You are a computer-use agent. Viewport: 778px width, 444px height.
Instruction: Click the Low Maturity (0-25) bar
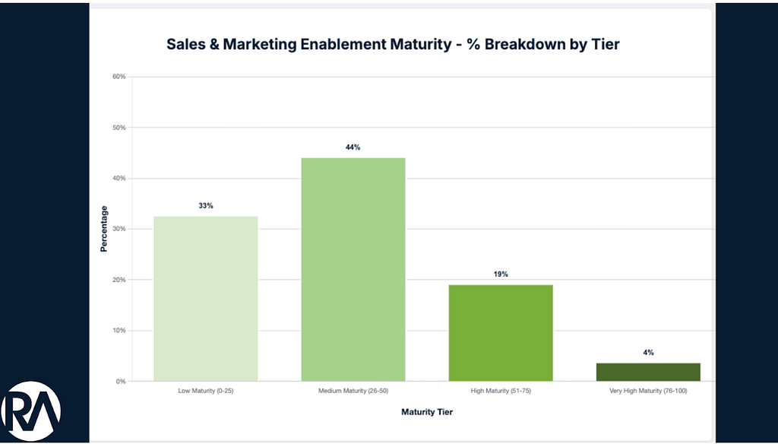(x=205, y=298)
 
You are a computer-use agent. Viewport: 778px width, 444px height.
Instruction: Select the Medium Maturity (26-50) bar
(x=353, y=269)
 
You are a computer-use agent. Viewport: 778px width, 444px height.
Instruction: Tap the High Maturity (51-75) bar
(x=500, y=332)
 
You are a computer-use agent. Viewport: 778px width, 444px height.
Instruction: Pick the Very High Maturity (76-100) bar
(x=647, y=372)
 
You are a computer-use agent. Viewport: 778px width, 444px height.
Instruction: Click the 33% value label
(x=206, y=205)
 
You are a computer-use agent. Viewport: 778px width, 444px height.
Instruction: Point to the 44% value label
(x=353, y=147)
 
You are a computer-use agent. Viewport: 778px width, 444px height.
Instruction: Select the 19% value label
(x=500, y=274)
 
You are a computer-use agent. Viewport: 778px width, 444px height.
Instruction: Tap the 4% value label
(x=647, y=352)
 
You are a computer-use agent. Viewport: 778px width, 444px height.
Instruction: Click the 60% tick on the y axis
(x=119, y=77)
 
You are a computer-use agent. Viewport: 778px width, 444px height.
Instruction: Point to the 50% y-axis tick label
(x=119, y=128)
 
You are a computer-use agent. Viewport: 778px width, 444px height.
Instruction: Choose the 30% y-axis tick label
(x=119, y=229)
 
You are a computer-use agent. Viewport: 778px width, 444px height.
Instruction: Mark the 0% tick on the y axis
(x=120, y=381)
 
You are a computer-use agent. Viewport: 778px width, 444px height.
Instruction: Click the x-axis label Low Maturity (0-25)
(x=205, y=392)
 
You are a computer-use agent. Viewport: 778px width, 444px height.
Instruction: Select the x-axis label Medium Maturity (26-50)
(x=353, y=392)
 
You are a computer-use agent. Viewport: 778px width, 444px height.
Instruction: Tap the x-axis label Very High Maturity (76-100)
(x=647, y=392)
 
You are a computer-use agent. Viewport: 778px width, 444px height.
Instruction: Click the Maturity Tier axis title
(x=427, y=412)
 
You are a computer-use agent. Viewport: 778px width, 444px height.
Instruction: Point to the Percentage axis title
(x=104, y=229)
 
